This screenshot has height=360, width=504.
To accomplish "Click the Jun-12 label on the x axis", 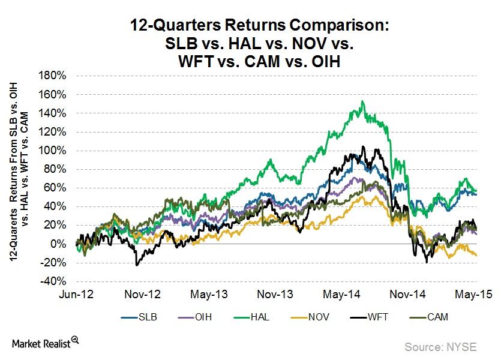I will pyautogui.click(x=76, y=295).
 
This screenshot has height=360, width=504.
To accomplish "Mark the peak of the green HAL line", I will pyautogui.click(x=362, y=101).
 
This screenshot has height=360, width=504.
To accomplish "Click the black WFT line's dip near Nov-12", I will pyautogui.click(x=137, y=265).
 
